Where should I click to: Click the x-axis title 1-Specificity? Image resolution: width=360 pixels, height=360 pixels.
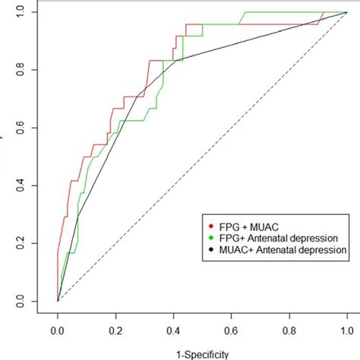click(x=202, y=353)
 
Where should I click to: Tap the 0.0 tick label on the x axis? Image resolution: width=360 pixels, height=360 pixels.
click(x=58, y=330)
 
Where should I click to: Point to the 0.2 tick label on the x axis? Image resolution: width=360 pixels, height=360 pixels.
click(x=115, y=330)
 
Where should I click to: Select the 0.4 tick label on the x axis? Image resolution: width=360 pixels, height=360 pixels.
click(x=173, y=330)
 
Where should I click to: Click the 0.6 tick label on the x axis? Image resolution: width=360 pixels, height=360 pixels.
click(x=232, y=330)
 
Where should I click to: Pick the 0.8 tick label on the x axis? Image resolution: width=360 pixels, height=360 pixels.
click(x=289, y=330)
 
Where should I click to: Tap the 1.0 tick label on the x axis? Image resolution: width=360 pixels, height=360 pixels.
click(x=347, y=330)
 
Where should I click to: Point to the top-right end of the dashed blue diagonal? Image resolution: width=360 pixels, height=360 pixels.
click(x=347, y=13)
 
